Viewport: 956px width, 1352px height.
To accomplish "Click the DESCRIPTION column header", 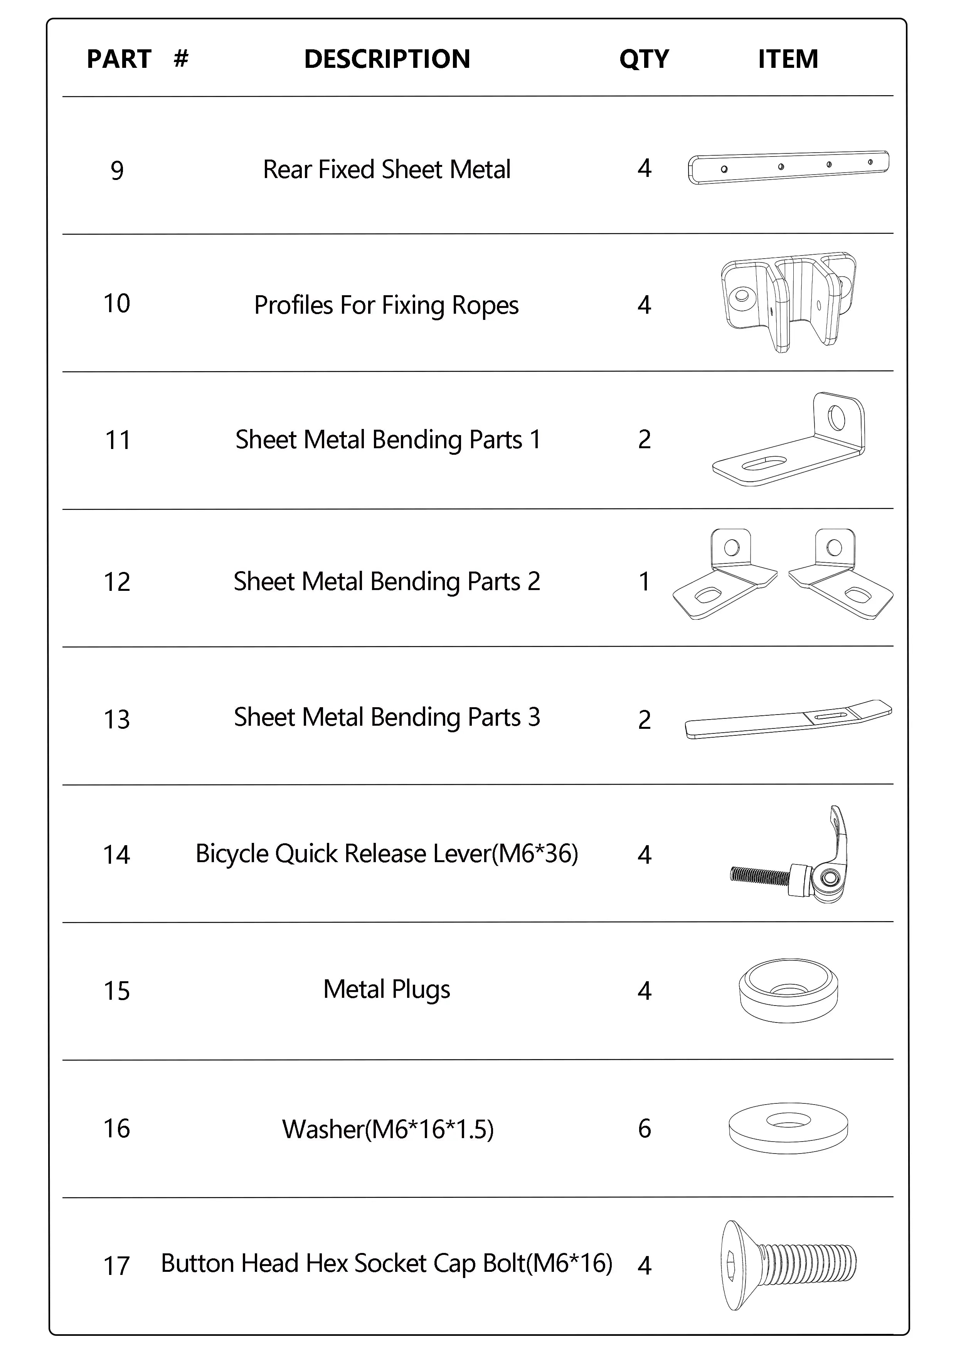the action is [387, 59].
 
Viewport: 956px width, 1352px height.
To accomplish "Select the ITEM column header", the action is [788, 59].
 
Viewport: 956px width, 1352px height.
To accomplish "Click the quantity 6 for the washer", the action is [645, 1128].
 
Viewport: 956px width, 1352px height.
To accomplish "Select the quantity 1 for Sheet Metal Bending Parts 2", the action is [645, 581].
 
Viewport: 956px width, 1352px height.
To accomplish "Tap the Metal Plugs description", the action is [386, 989].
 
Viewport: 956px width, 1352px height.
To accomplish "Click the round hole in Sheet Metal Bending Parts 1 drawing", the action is [836, 418].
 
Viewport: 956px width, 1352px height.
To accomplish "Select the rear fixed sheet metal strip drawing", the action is [788, 167].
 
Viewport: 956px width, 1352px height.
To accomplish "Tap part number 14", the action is [117, 854].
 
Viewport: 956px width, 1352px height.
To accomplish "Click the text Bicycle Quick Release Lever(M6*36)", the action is [386, 854].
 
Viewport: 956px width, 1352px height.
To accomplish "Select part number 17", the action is [117, 1265].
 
